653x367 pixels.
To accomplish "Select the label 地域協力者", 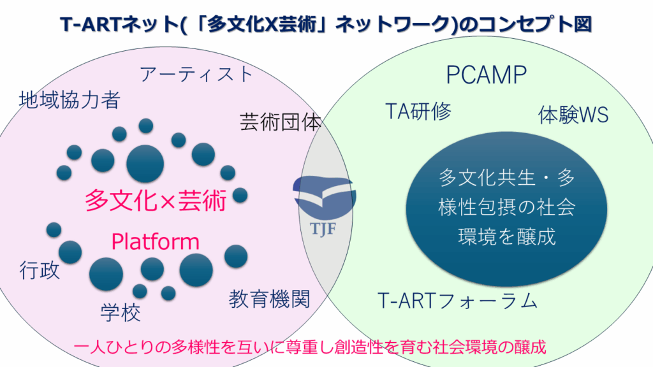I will point(70,100).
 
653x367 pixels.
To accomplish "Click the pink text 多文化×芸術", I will point(156,201).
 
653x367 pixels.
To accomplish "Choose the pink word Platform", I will point(156,242).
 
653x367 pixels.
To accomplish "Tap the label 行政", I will point(40,270).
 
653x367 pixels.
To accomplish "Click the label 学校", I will point(121,312).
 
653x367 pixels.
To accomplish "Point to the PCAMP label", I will point(486,75).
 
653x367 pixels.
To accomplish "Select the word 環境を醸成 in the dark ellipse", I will point(507,236).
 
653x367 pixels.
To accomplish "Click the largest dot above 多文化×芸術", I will point(145,163).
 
